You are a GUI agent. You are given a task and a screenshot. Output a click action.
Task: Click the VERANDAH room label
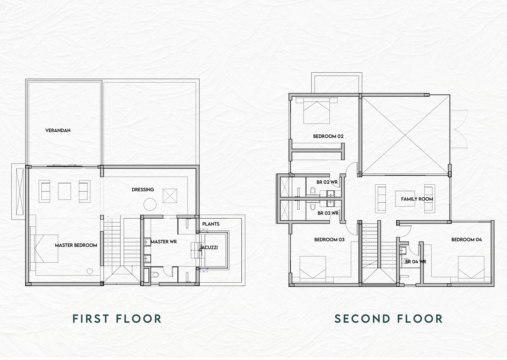[58, 130]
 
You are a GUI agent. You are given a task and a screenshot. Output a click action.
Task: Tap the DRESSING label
[143, 189]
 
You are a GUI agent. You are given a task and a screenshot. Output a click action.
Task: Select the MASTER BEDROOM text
[76, 245]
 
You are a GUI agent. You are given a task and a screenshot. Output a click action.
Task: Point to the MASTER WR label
[164, 242]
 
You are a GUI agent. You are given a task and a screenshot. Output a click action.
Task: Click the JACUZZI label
[208, 248]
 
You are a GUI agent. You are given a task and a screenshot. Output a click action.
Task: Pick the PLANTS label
[211, 224]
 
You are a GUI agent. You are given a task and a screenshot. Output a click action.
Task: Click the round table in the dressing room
[150, 205]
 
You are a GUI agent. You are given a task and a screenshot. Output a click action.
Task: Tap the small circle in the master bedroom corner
[90, 271]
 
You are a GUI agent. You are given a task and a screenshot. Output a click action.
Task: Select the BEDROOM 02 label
[328, 136]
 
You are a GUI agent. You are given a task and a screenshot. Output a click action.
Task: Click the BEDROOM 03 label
[329, 240]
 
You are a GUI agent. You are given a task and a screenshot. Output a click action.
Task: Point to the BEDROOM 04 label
[466, 240]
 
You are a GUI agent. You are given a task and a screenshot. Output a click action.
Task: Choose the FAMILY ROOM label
[417, 199]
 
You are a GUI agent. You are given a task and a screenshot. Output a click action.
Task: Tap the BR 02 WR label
[327, 182]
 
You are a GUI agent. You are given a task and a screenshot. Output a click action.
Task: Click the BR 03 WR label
[328, 213]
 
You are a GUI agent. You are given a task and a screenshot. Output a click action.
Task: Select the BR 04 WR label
[415, 262]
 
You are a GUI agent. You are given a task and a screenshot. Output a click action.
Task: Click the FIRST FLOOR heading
[117, 319]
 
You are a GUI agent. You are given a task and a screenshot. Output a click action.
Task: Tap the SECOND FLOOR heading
[388, 319]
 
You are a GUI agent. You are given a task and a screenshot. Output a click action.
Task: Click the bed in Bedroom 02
[317, 110]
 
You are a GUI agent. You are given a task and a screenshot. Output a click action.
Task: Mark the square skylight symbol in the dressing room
[170, 196]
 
